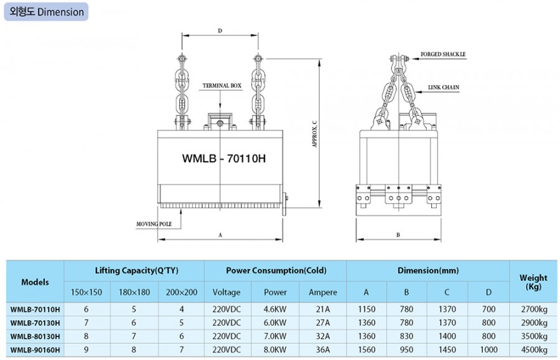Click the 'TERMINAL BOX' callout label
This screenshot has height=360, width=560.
tap(222, 86)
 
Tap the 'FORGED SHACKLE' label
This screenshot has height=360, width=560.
tap(443, 54)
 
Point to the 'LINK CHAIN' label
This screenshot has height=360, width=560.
tap(444, 87)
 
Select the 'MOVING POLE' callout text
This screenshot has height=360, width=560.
tap(154, 224)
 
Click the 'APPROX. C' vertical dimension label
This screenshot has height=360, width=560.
tap(315, 134)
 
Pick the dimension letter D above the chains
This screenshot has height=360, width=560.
tap(220, 31)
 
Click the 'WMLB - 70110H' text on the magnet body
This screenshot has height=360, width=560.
tap(224, 158)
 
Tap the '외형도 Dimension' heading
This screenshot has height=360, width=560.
tap(47, 12)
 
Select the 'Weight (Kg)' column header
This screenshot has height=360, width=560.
tap(533, 282)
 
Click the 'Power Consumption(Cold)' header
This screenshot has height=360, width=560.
tap(276, 270)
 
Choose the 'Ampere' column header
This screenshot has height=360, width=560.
tap(323, 292)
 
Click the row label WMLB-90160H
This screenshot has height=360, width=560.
tap(35, 350)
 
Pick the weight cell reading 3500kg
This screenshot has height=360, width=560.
tap(534, 336)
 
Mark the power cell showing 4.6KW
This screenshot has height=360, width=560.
tap(275, 310)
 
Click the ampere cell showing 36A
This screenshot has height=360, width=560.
tap(323, 350)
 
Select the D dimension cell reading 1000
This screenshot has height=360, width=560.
tap(488, 350)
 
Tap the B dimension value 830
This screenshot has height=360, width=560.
tap(406, 336)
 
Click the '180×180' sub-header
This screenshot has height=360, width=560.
tap(134, 292)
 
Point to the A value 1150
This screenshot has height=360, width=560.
tap(366, 310)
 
